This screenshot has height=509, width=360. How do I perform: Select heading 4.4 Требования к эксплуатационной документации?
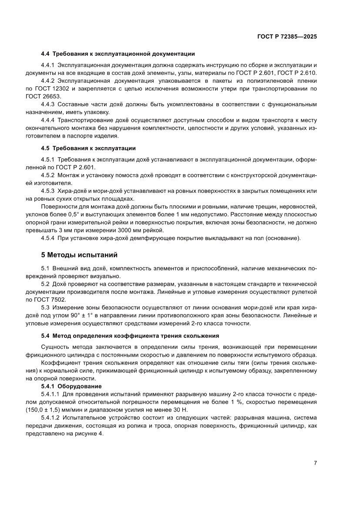[x=118, y=54]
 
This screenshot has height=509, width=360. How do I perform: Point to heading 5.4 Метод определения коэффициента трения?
[x=129, y=336]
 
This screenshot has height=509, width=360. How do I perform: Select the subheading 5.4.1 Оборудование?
[x=71, y=386]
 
